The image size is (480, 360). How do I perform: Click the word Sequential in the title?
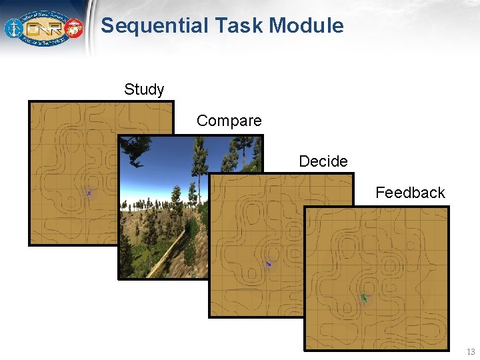click(155, 26)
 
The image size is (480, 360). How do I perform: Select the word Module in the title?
click(307, 26)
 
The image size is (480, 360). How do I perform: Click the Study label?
click(144, 89)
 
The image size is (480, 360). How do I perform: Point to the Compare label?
click(229, 121)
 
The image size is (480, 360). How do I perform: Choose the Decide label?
click(323, 161)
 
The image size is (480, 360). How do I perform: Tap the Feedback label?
click(410, 193)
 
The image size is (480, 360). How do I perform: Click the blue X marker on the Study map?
click(89, 193)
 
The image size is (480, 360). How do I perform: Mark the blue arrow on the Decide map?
click(269, 264)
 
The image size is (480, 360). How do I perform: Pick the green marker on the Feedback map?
click(364, 297)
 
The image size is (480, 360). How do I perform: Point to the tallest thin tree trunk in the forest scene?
click(199, 173)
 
